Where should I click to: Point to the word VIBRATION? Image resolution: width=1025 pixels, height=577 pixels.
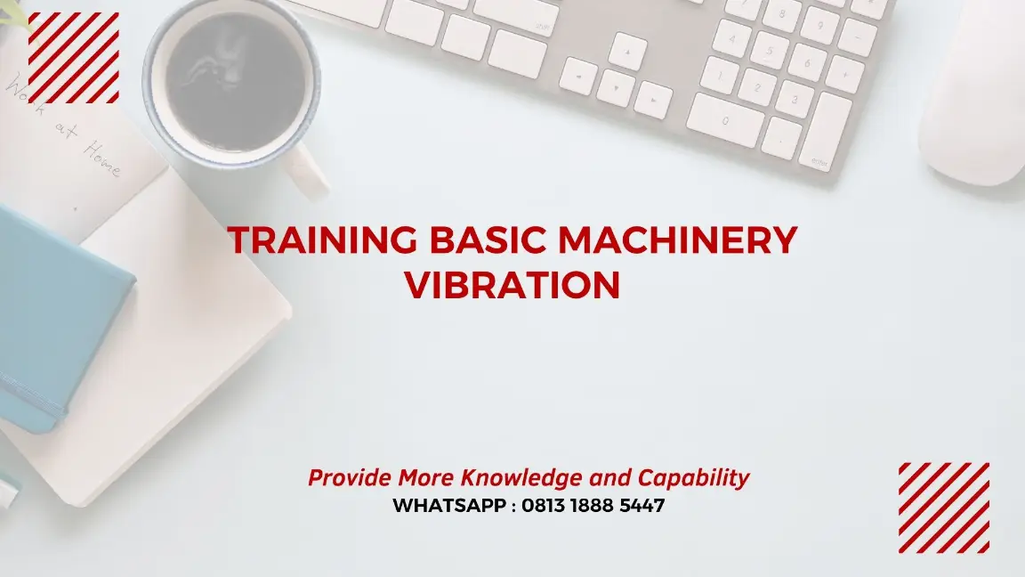click(x=512, y=285)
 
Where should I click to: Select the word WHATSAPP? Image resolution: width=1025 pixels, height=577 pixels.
click(x=450, y=506)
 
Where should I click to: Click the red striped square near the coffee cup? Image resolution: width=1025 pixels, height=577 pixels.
click(x=74, y=57)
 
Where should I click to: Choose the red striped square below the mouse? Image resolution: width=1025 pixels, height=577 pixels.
click(x=943, y=507)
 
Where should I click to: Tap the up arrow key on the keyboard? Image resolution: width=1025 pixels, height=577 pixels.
click(x=628, y=51)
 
